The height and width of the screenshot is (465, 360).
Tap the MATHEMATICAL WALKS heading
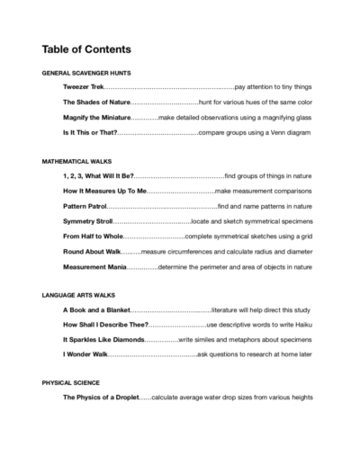click(76, 159)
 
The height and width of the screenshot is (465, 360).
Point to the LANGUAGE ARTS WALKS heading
click(79, 294)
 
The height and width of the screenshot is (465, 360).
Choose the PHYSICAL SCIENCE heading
click(70, 382)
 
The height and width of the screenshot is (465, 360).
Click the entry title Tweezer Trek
click(84, 86)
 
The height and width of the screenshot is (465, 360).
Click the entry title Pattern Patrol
click(85, 206)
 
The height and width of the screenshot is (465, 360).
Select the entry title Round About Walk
click(91, 252)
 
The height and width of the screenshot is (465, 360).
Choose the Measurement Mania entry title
click(94, 267)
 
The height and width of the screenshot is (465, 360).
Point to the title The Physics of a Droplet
click(101, 398)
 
